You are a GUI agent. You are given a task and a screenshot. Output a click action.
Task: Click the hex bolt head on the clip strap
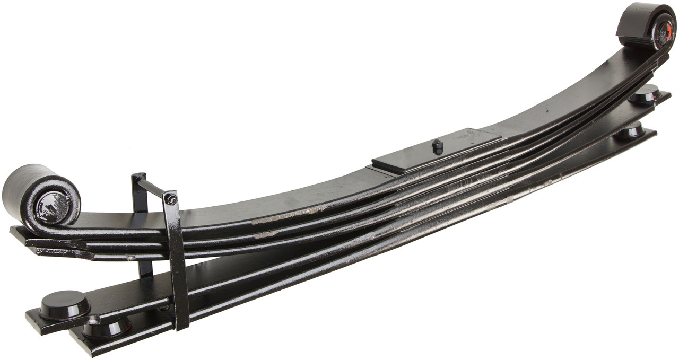[171, 199]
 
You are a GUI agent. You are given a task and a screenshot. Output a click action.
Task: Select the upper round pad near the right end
[644, 94]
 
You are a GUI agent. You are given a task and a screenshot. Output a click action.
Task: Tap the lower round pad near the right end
[630, 130]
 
